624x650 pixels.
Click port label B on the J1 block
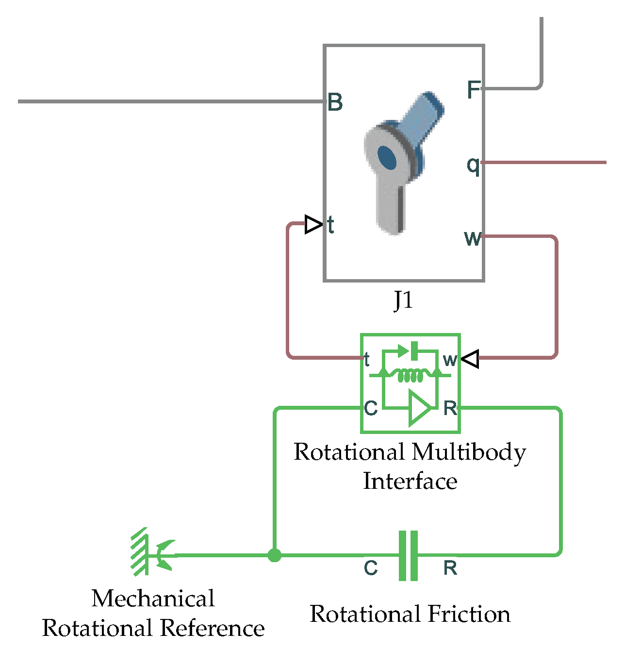point(335,102)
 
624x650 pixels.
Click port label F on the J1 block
point(474,90)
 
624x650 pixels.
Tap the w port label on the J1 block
point(473,238)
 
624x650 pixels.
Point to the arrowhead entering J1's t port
point(313,225)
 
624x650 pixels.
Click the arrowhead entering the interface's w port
point(470,359)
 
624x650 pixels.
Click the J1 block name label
point(403,300)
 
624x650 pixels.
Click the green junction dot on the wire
point(275,555)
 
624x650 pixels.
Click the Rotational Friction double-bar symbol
point(408,555)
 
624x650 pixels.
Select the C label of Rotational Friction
point(371,567)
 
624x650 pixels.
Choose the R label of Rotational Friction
point(450,567)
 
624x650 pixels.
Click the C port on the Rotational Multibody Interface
point(371,408)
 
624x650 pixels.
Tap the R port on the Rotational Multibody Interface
point(450,408)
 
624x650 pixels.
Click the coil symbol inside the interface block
point(410,375)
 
